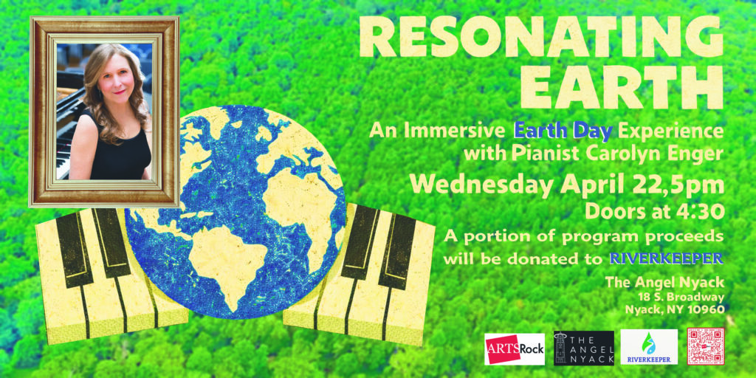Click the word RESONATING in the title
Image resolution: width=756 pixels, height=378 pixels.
(x=541, y=37)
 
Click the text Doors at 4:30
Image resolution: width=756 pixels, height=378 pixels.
(x=654, y=211)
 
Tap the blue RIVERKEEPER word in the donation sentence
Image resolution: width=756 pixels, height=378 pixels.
(x=667, y=258)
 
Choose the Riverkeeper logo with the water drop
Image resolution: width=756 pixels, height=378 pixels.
(x=649, y=347)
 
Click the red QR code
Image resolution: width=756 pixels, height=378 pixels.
(x=705, y=347)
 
